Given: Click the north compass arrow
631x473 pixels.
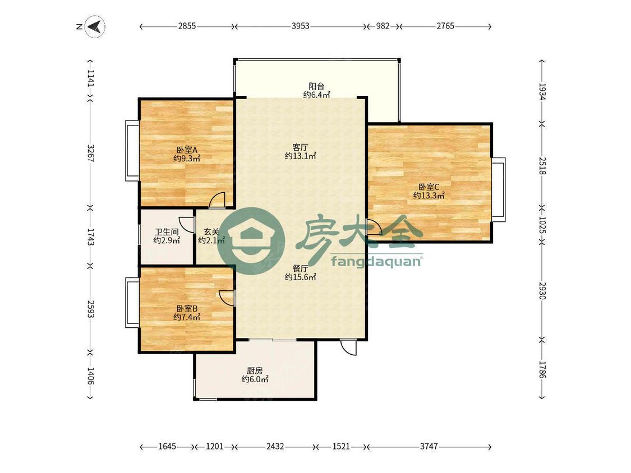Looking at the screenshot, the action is tap(95, 27).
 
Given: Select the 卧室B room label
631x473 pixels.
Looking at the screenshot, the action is tap(187, 308).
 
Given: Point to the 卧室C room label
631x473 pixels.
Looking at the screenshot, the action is tap(429, 187).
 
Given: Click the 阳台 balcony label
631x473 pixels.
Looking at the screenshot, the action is tap(316, 86).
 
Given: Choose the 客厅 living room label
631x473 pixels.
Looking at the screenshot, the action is tap(300, 147).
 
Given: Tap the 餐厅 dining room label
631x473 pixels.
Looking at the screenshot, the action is tap(300, 268).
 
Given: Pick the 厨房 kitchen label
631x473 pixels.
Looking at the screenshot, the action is tap(255, 371).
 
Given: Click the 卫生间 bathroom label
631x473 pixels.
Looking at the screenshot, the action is tap(167, 232).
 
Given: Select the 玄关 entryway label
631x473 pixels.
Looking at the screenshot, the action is tap(211, 232).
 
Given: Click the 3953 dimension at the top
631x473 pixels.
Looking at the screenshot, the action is tap(300, 26).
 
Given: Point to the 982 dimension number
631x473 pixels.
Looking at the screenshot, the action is tap(383, 26).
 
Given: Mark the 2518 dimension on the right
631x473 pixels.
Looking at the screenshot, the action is tap(542, 166).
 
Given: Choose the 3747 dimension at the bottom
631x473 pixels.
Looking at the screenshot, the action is tap(429, 447).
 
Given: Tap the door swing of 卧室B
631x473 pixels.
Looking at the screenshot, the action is tap(226, 298).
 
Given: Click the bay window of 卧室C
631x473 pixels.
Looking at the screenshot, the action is tap(499, 189).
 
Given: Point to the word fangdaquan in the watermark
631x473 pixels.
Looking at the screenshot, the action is tap(376, 262).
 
